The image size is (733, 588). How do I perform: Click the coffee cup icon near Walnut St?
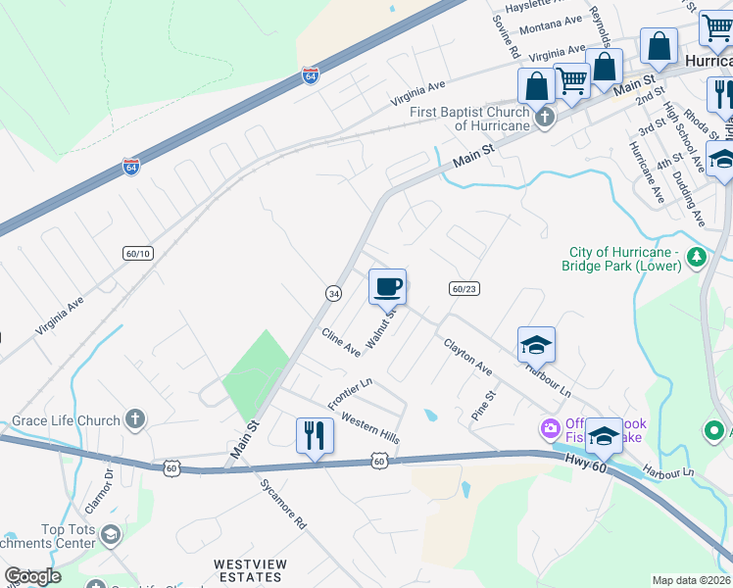tap(387, 287)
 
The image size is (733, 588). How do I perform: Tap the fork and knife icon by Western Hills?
tap(315, 435)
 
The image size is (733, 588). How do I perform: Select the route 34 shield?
tap(334, 293)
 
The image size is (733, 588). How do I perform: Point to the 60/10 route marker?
tap(138, 253)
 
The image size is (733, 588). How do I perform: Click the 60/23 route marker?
tap(464, 289)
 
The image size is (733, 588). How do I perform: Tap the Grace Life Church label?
tap(66, 421)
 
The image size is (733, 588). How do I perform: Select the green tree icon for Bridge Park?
tap(697, 258)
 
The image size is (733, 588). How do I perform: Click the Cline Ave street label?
tap(341, 342)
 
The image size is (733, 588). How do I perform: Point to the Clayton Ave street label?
tap(467, 358)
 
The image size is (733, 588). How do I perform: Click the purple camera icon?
tap(548, 428)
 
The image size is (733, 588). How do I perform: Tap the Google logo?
tap(32, 577)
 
